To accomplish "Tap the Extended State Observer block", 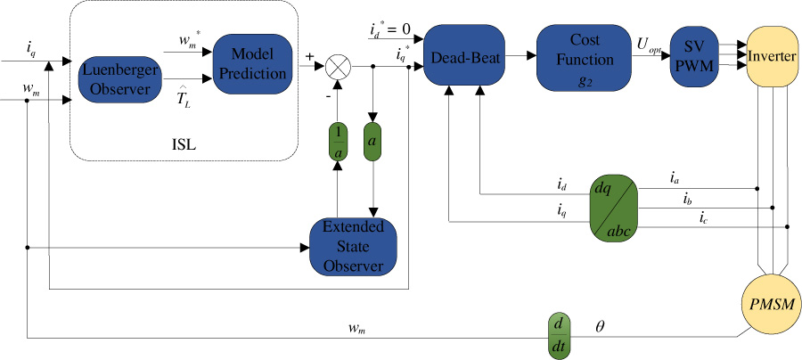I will pyautogui.click(x=352, y=245).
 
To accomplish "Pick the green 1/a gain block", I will pyautogui.click(x=337, y=143).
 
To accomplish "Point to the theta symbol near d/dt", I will pyautogui.click(x=599, y=327).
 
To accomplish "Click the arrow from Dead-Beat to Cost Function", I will pyautogui.click(x=522, y=59).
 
